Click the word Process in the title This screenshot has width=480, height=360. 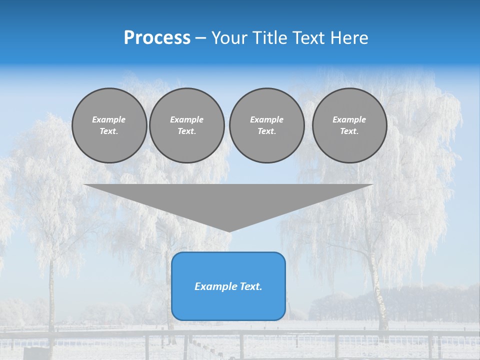click(x=157, y=38)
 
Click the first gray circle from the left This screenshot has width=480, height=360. click(x=109, y=125)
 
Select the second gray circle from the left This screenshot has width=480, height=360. click(x=186, y=125)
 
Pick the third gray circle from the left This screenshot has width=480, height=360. click(x=266, y=125)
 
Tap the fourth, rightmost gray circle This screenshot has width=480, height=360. click(x=349, y=125)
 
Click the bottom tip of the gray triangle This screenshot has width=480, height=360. click(x=229, y=230)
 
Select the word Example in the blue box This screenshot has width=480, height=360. click(x=215, y=286)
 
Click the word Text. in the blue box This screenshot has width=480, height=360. click(x=250, y=286)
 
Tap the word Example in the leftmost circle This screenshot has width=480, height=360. click(x=109, y=119)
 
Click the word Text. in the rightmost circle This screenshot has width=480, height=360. click(x=349, y=131)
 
